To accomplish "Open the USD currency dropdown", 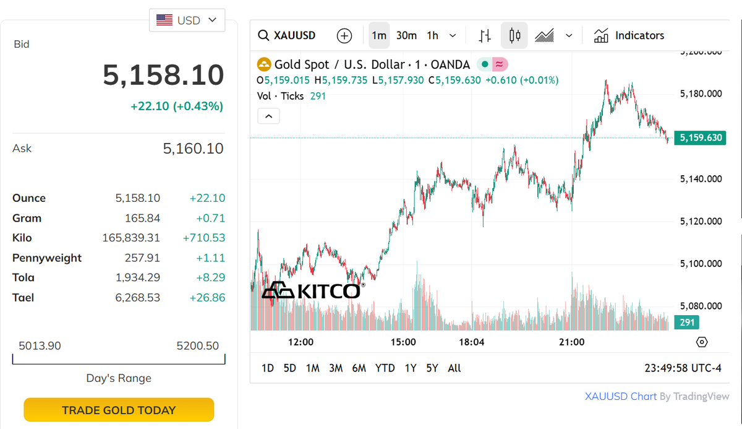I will [x=187, y=20].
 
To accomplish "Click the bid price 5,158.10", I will [x=163, y=75].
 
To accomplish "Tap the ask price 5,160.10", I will [x=193, y=149].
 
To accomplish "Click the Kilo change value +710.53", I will [x=204, y=238].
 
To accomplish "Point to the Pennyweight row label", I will [x=47, y=258].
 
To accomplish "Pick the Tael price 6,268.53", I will [x=137, y=298].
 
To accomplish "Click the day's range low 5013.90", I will [x=40, y=345].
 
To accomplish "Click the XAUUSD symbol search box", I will [x=288, y=35].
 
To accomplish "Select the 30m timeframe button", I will [x=406, y=35].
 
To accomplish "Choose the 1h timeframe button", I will [x=433, y=35].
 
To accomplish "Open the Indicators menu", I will [x=629, y=35].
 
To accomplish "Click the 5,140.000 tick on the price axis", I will [x=701, y=179].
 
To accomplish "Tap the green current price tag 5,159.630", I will [x=701, y=137].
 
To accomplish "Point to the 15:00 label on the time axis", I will [x=403, y=342].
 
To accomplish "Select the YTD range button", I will [x=385, y=368].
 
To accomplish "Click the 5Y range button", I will [x=432, y=368].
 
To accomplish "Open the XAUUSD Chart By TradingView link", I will [x=657, y=396].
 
